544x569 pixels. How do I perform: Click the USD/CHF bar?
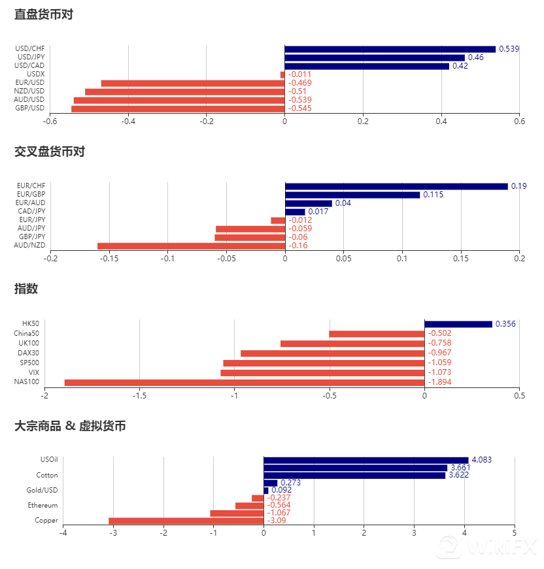point(390,49)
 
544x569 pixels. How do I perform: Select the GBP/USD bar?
point(178,108)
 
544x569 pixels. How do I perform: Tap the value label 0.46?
point(475,57)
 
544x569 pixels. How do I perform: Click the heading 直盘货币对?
point(44,14)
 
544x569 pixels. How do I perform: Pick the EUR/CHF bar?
point(396,186)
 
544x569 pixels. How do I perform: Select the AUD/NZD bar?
point(191,246)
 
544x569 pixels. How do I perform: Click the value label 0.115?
point(433,195)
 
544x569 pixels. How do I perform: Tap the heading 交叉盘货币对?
point(50,152)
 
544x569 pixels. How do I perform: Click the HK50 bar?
point(458,324)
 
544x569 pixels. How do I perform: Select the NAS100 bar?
point(244,382)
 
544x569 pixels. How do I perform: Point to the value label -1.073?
point(439,372)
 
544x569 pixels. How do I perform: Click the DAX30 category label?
point(28,353)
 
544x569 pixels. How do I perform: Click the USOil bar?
point(365,460)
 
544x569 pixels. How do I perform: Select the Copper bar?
point(186,521)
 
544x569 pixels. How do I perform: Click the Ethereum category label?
point(42,506)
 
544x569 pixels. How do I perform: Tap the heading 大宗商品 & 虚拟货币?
point(70,426)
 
